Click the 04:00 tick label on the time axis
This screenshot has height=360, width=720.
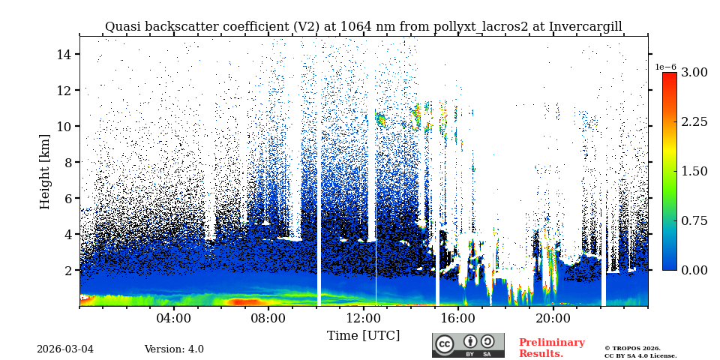tap(173, 318)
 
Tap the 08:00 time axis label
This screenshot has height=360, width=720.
tap(268, 318)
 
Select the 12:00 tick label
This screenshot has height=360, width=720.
tap(363, 318)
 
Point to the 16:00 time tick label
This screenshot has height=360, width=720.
tap(458, 318)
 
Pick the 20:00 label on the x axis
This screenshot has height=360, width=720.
tap(553, 318)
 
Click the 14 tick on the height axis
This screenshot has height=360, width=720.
tap(63, 54)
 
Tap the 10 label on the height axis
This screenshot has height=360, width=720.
tap(63, 126)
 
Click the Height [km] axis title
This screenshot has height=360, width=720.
tap(45, 171)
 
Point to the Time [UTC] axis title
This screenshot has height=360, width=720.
tap(363, 335)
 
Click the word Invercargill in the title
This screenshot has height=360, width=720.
tap(585, 27)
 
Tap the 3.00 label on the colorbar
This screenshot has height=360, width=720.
tap(694, 73)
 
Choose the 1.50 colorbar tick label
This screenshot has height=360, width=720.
tap(694, 171)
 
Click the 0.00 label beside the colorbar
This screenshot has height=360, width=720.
tap(694, 270)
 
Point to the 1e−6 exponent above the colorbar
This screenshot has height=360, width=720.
tap(665, 67)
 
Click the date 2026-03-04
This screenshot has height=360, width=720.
tap(65, 349)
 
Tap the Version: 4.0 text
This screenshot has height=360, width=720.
tap(174, 349)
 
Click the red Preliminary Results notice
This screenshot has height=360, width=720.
tap(551, 348)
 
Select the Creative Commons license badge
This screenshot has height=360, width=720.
tap(468, 345)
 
